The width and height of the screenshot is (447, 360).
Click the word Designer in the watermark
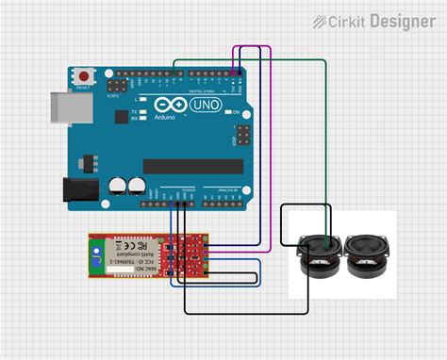[403, 21]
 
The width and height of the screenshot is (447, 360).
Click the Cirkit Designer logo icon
[321, 21]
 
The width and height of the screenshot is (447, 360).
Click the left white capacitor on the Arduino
[119, 185]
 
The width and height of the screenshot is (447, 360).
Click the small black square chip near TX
[121, 118]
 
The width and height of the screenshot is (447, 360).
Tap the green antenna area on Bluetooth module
[96, 254]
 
